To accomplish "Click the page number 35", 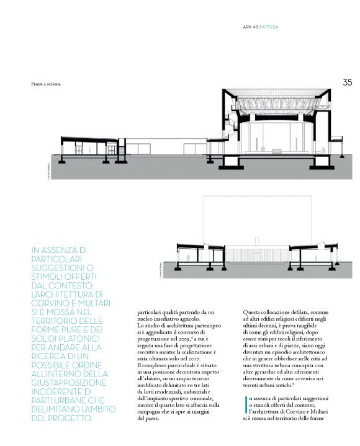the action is tap(347, 81).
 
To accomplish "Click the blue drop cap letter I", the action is tap(246, 403).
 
